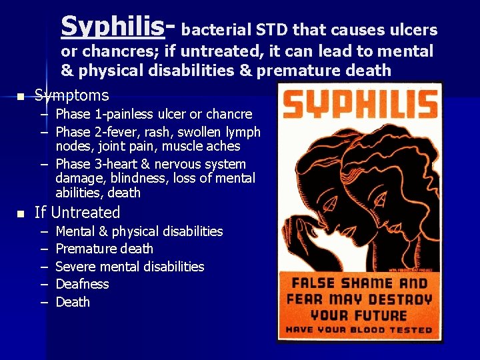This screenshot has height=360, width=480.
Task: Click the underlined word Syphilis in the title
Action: (112, 27)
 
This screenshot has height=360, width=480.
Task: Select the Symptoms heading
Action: (71, 95)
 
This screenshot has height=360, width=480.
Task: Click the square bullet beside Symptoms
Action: (20, 97)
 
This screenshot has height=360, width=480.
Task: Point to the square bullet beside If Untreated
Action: (20, 214)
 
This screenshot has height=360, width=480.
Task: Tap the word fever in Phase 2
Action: (114, 131)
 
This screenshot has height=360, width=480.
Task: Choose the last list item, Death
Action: (73, 302)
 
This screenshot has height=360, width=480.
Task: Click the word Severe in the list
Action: (77, 267)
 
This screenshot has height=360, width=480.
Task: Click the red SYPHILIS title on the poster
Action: (360, 105)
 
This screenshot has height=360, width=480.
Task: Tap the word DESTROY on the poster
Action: (397, 299)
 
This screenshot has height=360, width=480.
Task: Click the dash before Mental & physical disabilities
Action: (43, 231)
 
